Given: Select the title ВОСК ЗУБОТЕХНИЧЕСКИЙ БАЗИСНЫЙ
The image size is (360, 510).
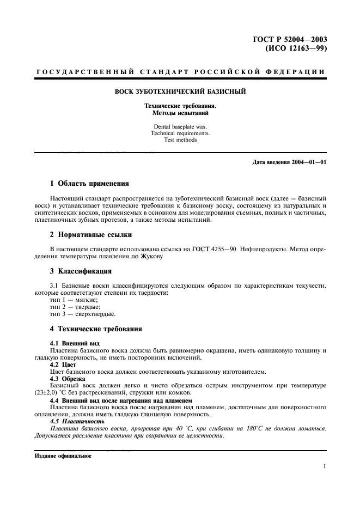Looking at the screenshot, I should [180, 92].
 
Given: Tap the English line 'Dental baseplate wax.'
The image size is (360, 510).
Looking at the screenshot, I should [180, 126].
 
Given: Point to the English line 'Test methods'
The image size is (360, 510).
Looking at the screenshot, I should [180, 139].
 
